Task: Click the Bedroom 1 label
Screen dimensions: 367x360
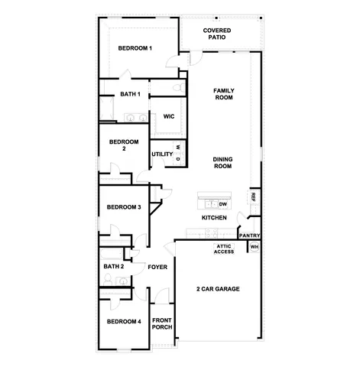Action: pos(135,48)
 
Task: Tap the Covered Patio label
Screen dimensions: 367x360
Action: pos(218,34)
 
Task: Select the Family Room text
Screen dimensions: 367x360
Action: pos(223,94)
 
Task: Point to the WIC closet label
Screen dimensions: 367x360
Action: pos(168,116)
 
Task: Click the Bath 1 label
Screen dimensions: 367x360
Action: pos(130,94)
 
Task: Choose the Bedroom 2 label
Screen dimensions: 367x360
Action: pos(123,145)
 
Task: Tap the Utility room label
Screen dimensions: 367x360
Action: pos(162,154)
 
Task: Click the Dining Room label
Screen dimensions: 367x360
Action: pos(222,163)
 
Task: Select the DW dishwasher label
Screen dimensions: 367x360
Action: pos(224,205)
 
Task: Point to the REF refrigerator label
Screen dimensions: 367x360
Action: pos(253,196)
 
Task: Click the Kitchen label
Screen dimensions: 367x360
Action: pos(214,218)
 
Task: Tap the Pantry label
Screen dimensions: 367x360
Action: pos(250,235)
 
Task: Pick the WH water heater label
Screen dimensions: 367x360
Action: pos(255,247)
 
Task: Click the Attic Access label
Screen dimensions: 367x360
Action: pos(224,248)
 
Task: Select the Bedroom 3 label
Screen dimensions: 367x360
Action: pos(123,207)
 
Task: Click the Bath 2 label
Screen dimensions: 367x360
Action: pos(113,266)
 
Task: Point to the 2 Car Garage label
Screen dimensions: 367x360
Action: pos(219,289)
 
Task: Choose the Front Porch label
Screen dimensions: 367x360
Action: pos(161,323)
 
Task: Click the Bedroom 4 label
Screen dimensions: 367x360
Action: pos(123,322)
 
